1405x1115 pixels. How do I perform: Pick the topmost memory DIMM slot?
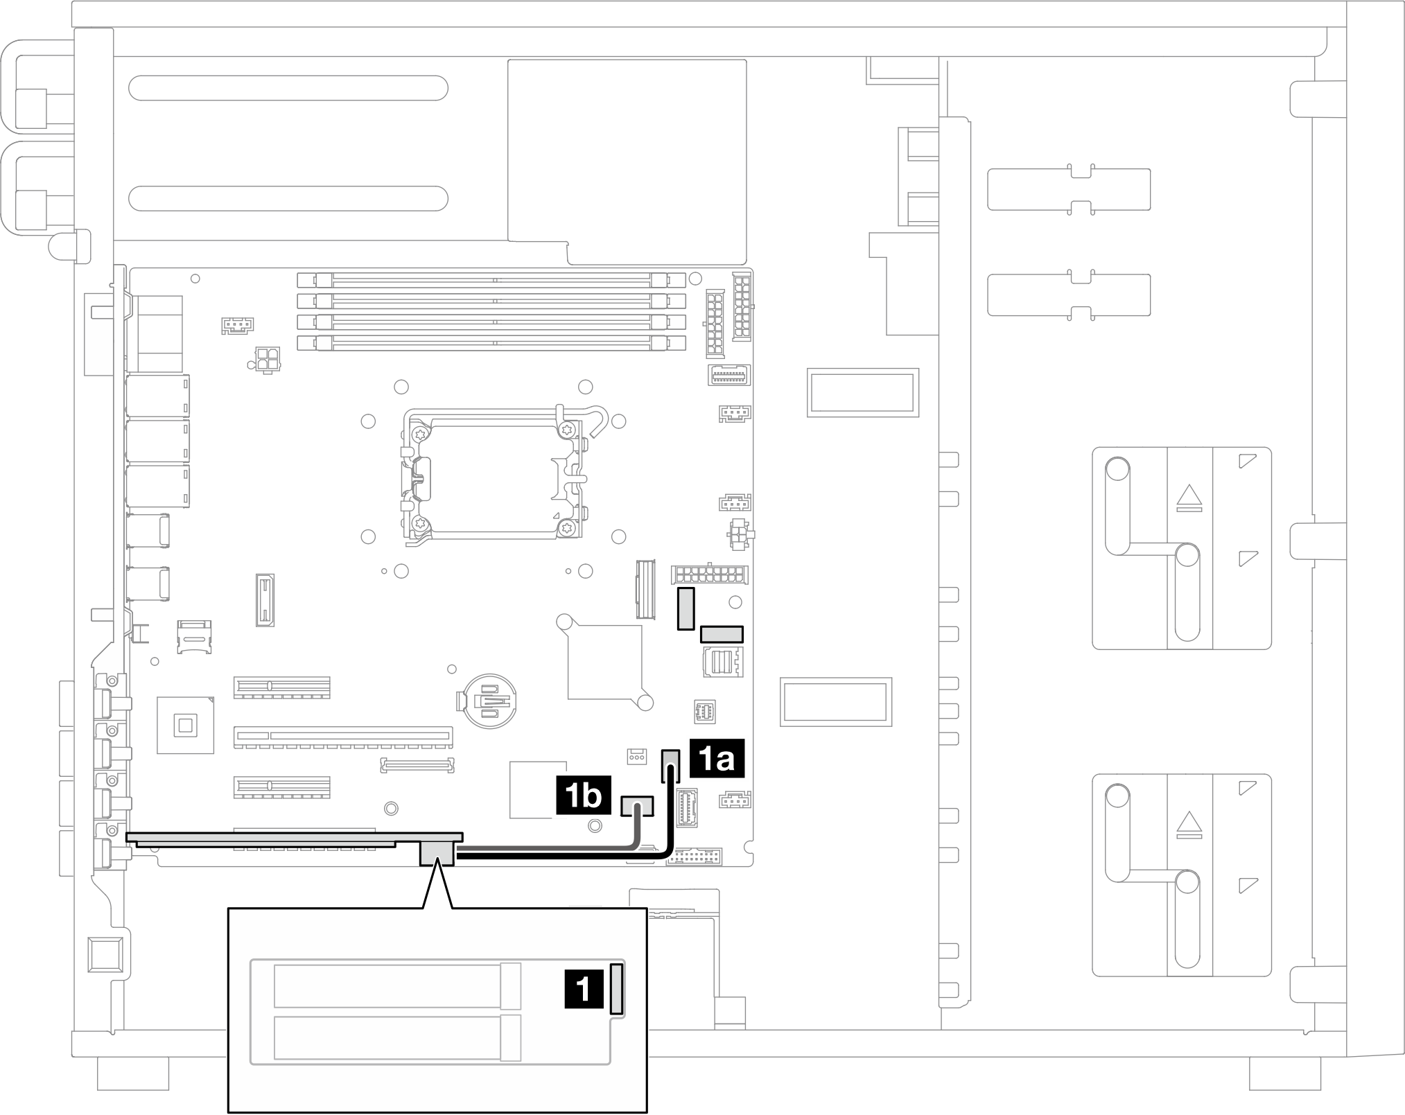(x=491, y=280)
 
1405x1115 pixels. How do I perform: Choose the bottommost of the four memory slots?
(x=491, y=342)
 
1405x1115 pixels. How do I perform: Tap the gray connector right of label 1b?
(x=638, y=806)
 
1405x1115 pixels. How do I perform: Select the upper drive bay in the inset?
(x=397, y=985)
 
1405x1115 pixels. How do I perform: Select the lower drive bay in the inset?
(x=397, y=1038)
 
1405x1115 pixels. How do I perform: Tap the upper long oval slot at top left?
(x=288, y=88)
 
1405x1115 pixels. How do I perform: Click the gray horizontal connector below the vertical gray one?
(x=722, y=633)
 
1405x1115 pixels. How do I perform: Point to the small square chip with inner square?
(x=185, y=725)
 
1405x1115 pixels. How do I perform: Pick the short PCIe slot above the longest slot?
(x=282, y=687)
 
